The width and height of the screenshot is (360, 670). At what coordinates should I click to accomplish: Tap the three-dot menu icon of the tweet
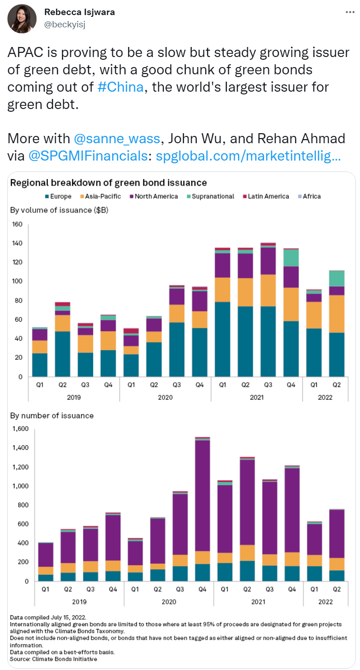(x=350, y=12)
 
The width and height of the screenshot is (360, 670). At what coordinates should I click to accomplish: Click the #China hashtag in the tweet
(x=121, y=86)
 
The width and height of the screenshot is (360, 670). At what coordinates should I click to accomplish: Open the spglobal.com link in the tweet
(x=248, y=156)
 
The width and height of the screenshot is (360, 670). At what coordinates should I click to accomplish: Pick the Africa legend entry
(x=309, y=196)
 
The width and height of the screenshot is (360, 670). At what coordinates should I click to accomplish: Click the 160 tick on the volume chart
(x=17, y=224)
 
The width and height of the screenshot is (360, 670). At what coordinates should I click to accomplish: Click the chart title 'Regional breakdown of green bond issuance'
(x=108, y=183)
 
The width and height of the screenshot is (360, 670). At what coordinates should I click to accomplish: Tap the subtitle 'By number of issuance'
(x=52, y=416)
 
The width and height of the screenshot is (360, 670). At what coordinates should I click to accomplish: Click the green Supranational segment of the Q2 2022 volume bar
(x=337, y=278)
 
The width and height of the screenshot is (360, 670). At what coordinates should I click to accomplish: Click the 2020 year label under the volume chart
(x=165, y=397)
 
